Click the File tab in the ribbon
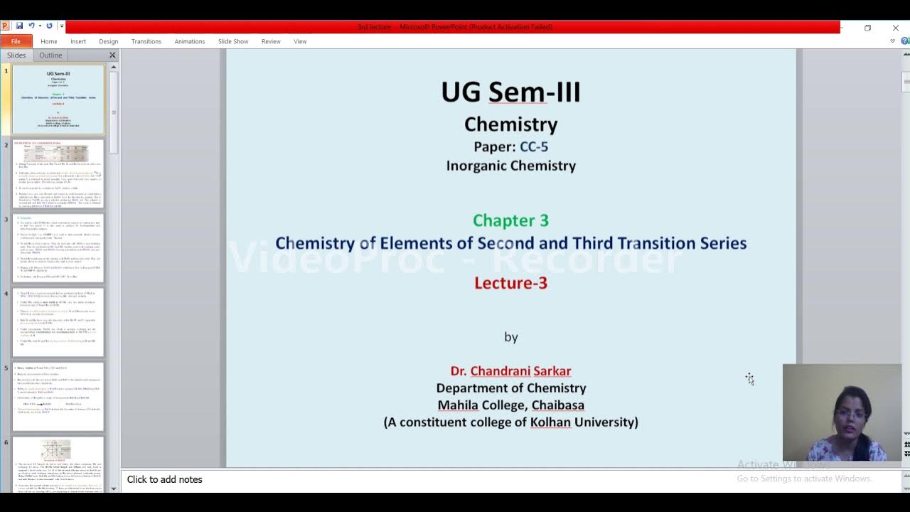pyautogui.click(x=16, y=41)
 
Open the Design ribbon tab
pyautogui.click(x=108, y=41)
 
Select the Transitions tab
pyautogui.click(x=146, y=41)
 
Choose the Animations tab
pyautogui.click(x=189, y=41)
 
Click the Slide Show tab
pyautogui.click(x=232, y=41)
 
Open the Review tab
pyautogui.click(x=270, y=41)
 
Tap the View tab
pyautogui.click(x=300, y=41)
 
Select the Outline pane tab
pyautogui.click(x=50, y=55)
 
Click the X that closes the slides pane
pyautogui.click(x=112, y=55)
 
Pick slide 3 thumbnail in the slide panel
pyautogui.click(x=58, y=247)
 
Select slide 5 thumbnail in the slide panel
pyautogui.click(x=58, y=396)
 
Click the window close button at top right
pyautogui.click(x=895, y=28)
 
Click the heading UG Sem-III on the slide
pyautogui.click(x=510, y=92)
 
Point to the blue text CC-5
pyautogui.click(x=534, y=146)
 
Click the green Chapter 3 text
pyautogui.click(x=510, y=220)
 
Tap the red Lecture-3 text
pyautogui.click(x=510, y=283)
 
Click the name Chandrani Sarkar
pyautogui.click(x=520, y=371)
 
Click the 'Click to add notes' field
pyautogui.click(x=165, y=480)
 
